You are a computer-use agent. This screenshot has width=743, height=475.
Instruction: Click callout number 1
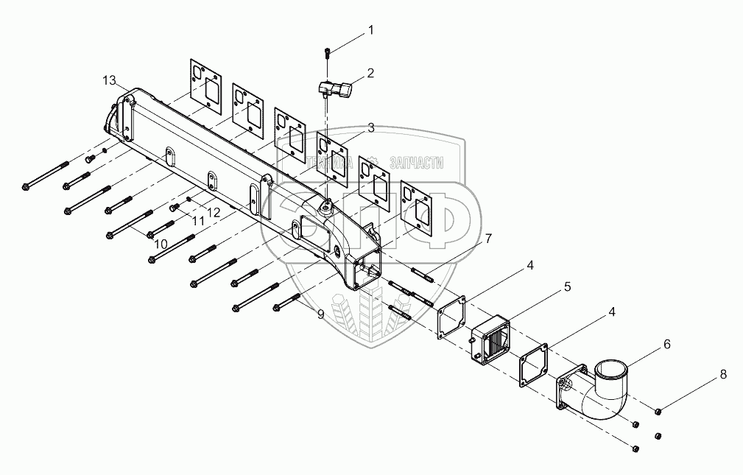[x=371, y=30]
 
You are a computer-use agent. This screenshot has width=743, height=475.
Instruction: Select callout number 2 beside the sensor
[x=370, y=73]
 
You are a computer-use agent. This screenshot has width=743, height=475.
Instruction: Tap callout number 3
[x=370, y=127]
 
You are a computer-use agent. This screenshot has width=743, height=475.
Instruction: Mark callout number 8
[x=723, y=374]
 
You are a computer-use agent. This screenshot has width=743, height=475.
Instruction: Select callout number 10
[x=161, y=243]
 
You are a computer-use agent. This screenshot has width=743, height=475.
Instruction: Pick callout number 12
[x=214, y=212]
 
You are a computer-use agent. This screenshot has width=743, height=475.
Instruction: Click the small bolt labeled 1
[x=327, y=52]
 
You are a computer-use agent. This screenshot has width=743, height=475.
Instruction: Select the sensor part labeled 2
[x=337, y=90]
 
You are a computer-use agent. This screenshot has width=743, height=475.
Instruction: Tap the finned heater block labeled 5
[x=490, y=341]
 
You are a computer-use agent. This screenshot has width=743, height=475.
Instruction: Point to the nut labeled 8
[x=658, y=410]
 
